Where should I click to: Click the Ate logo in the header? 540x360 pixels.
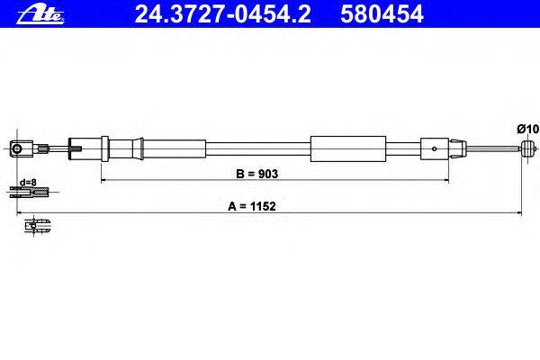point(40,15)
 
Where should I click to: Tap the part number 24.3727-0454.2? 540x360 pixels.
point(222,14)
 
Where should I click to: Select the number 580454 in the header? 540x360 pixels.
point(382,14)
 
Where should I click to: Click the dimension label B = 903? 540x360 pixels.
point(256,174)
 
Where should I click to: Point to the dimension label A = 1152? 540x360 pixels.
point(252,206)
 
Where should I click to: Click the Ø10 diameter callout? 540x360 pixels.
point(527,129)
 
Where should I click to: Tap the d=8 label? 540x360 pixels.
point(28,182)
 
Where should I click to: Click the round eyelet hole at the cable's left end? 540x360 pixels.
point(16,149)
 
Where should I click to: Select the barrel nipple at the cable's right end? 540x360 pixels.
point(527,149)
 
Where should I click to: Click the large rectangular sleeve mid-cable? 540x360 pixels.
point(347,148)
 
